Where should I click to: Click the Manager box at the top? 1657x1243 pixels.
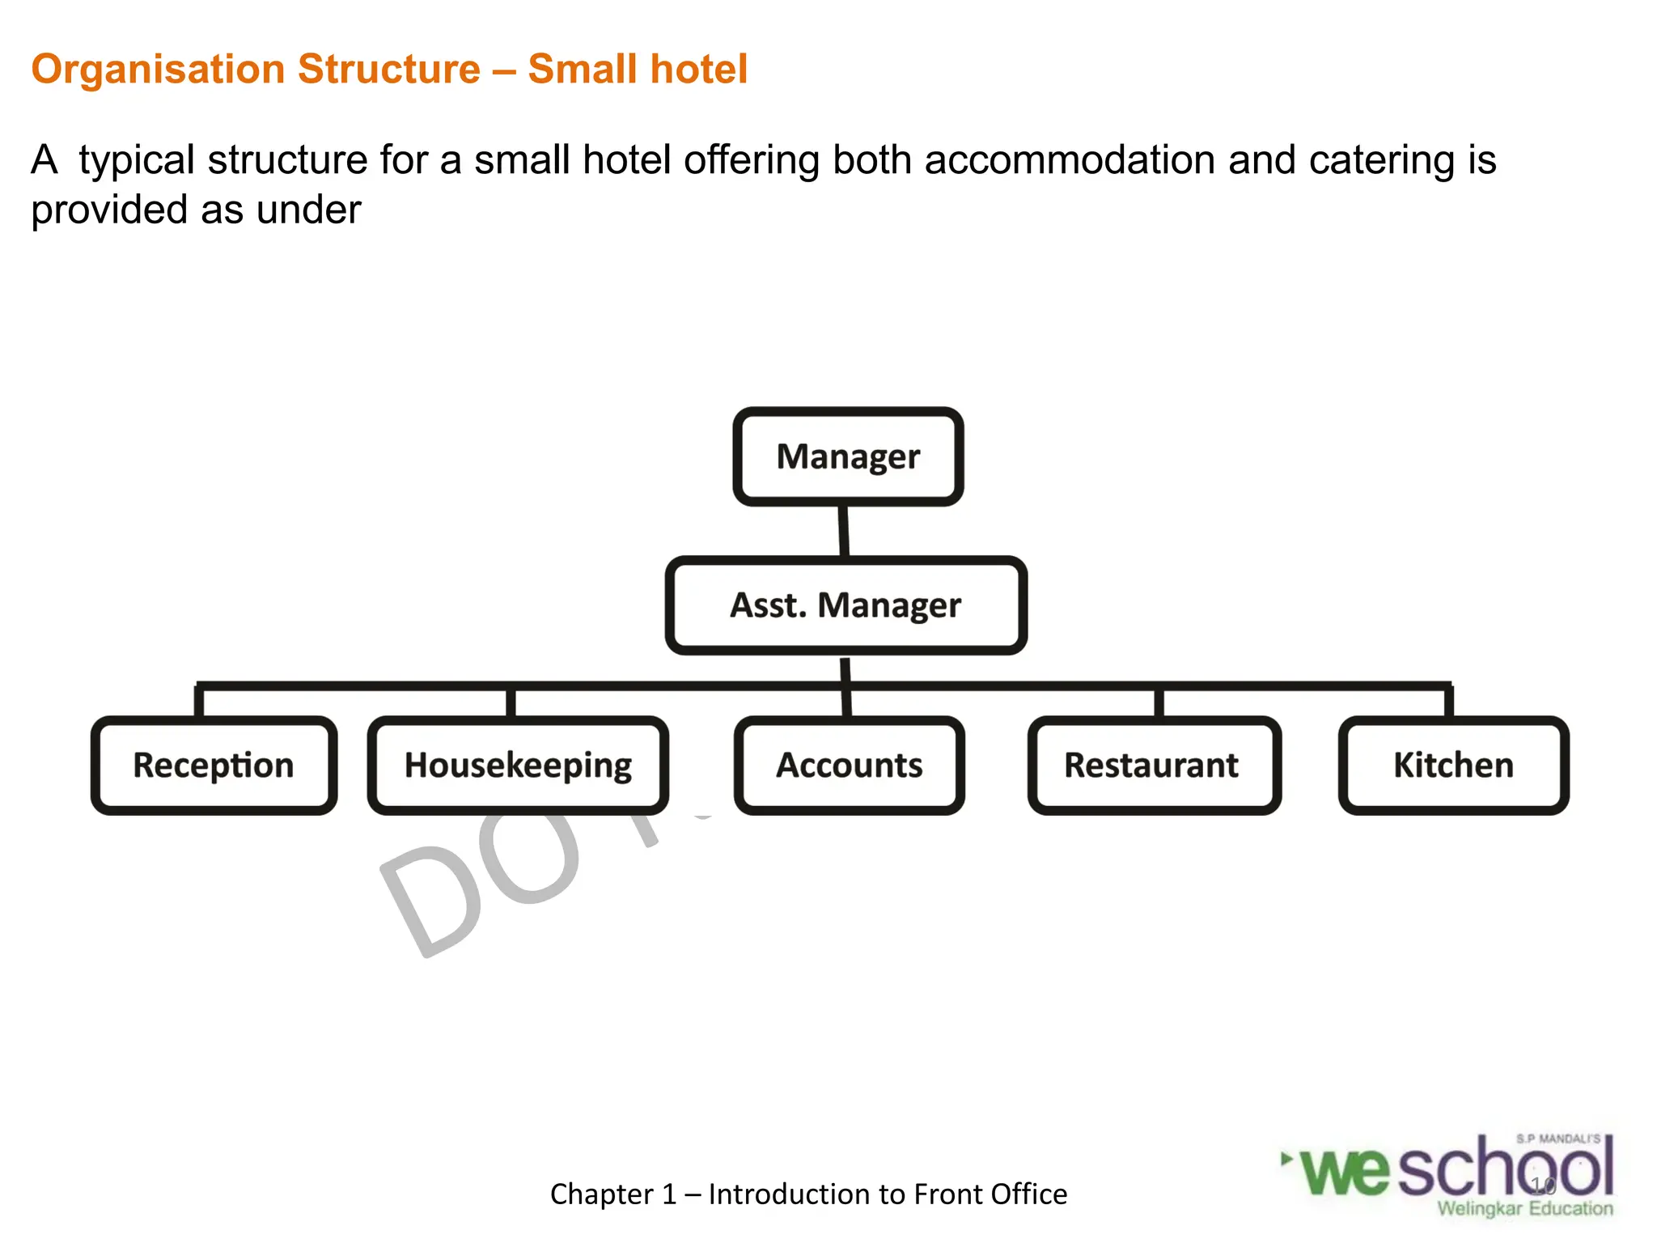click(848, 457)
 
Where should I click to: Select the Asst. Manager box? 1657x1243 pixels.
click(845, 605)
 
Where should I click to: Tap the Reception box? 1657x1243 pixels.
click(214, 766)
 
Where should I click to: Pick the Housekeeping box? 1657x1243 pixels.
click(518, 766)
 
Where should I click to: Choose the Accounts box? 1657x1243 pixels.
click(849, 766)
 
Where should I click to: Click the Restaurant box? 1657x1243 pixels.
click(1154, 766)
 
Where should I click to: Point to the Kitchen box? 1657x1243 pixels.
click(1453, 766)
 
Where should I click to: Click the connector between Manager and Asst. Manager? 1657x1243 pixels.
click(843, 531)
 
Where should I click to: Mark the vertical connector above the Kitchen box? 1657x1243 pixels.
click(1448, 702)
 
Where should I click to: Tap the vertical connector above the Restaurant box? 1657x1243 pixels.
click(1159, 702)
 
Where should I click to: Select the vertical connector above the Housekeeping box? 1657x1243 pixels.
click(511, 702)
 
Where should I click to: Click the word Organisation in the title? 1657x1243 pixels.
click(157, 70)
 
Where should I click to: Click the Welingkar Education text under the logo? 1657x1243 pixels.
click(1524, 1209)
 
